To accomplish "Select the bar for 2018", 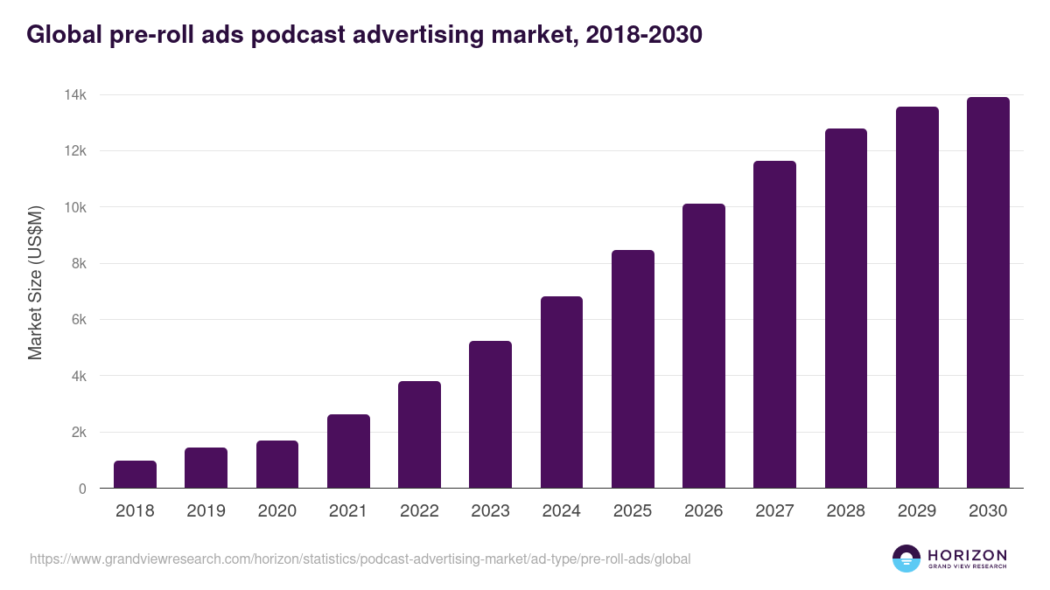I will pos(135,475).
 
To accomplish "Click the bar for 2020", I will pos(277,464).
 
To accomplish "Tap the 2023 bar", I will pos(490,414).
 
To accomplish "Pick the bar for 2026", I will pos(703,346).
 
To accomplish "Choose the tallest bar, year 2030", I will pos(988,293).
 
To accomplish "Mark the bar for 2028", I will pos(845,309).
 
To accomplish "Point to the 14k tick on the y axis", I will pos(74,94).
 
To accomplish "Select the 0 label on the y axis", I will pos(82,489).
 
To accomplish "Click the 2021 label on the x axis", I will pos(348,511).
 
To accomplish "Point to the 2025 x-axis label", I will pos(633,511).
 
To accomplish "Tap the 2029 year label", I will pos(917,511).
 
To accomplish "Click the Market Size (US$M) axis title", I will pos(35,282).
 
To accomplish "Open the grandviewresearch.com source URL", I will pos(360,559).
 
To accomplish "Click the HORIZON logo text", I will pos(966,555).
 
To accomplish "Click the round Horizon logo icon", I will pos(906,559).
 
